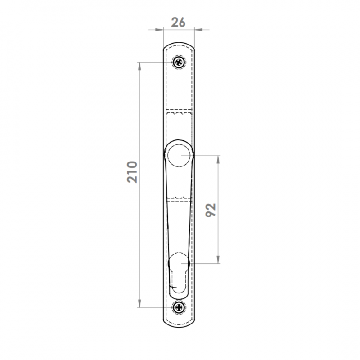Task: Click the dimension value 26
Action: [x=178, y=22]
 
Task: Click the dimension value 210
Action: [x=132, y=172]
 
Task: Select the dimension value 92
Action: [x=211, y=210]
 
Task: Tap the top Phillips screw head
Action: [x=179, y=62]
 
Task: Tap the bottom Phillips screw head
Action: [x=179, y=307]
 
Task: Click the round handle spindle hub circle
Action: [x=179, y=155]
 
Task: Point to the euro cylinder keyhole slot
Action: [x=179, y=275]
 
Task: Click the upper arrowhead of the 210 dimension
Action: [x=139, y=66]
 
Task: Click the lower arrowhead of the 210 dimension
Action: [x=139, y=303]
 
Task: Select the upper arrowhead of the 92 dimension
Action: [x=218, y=160]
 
